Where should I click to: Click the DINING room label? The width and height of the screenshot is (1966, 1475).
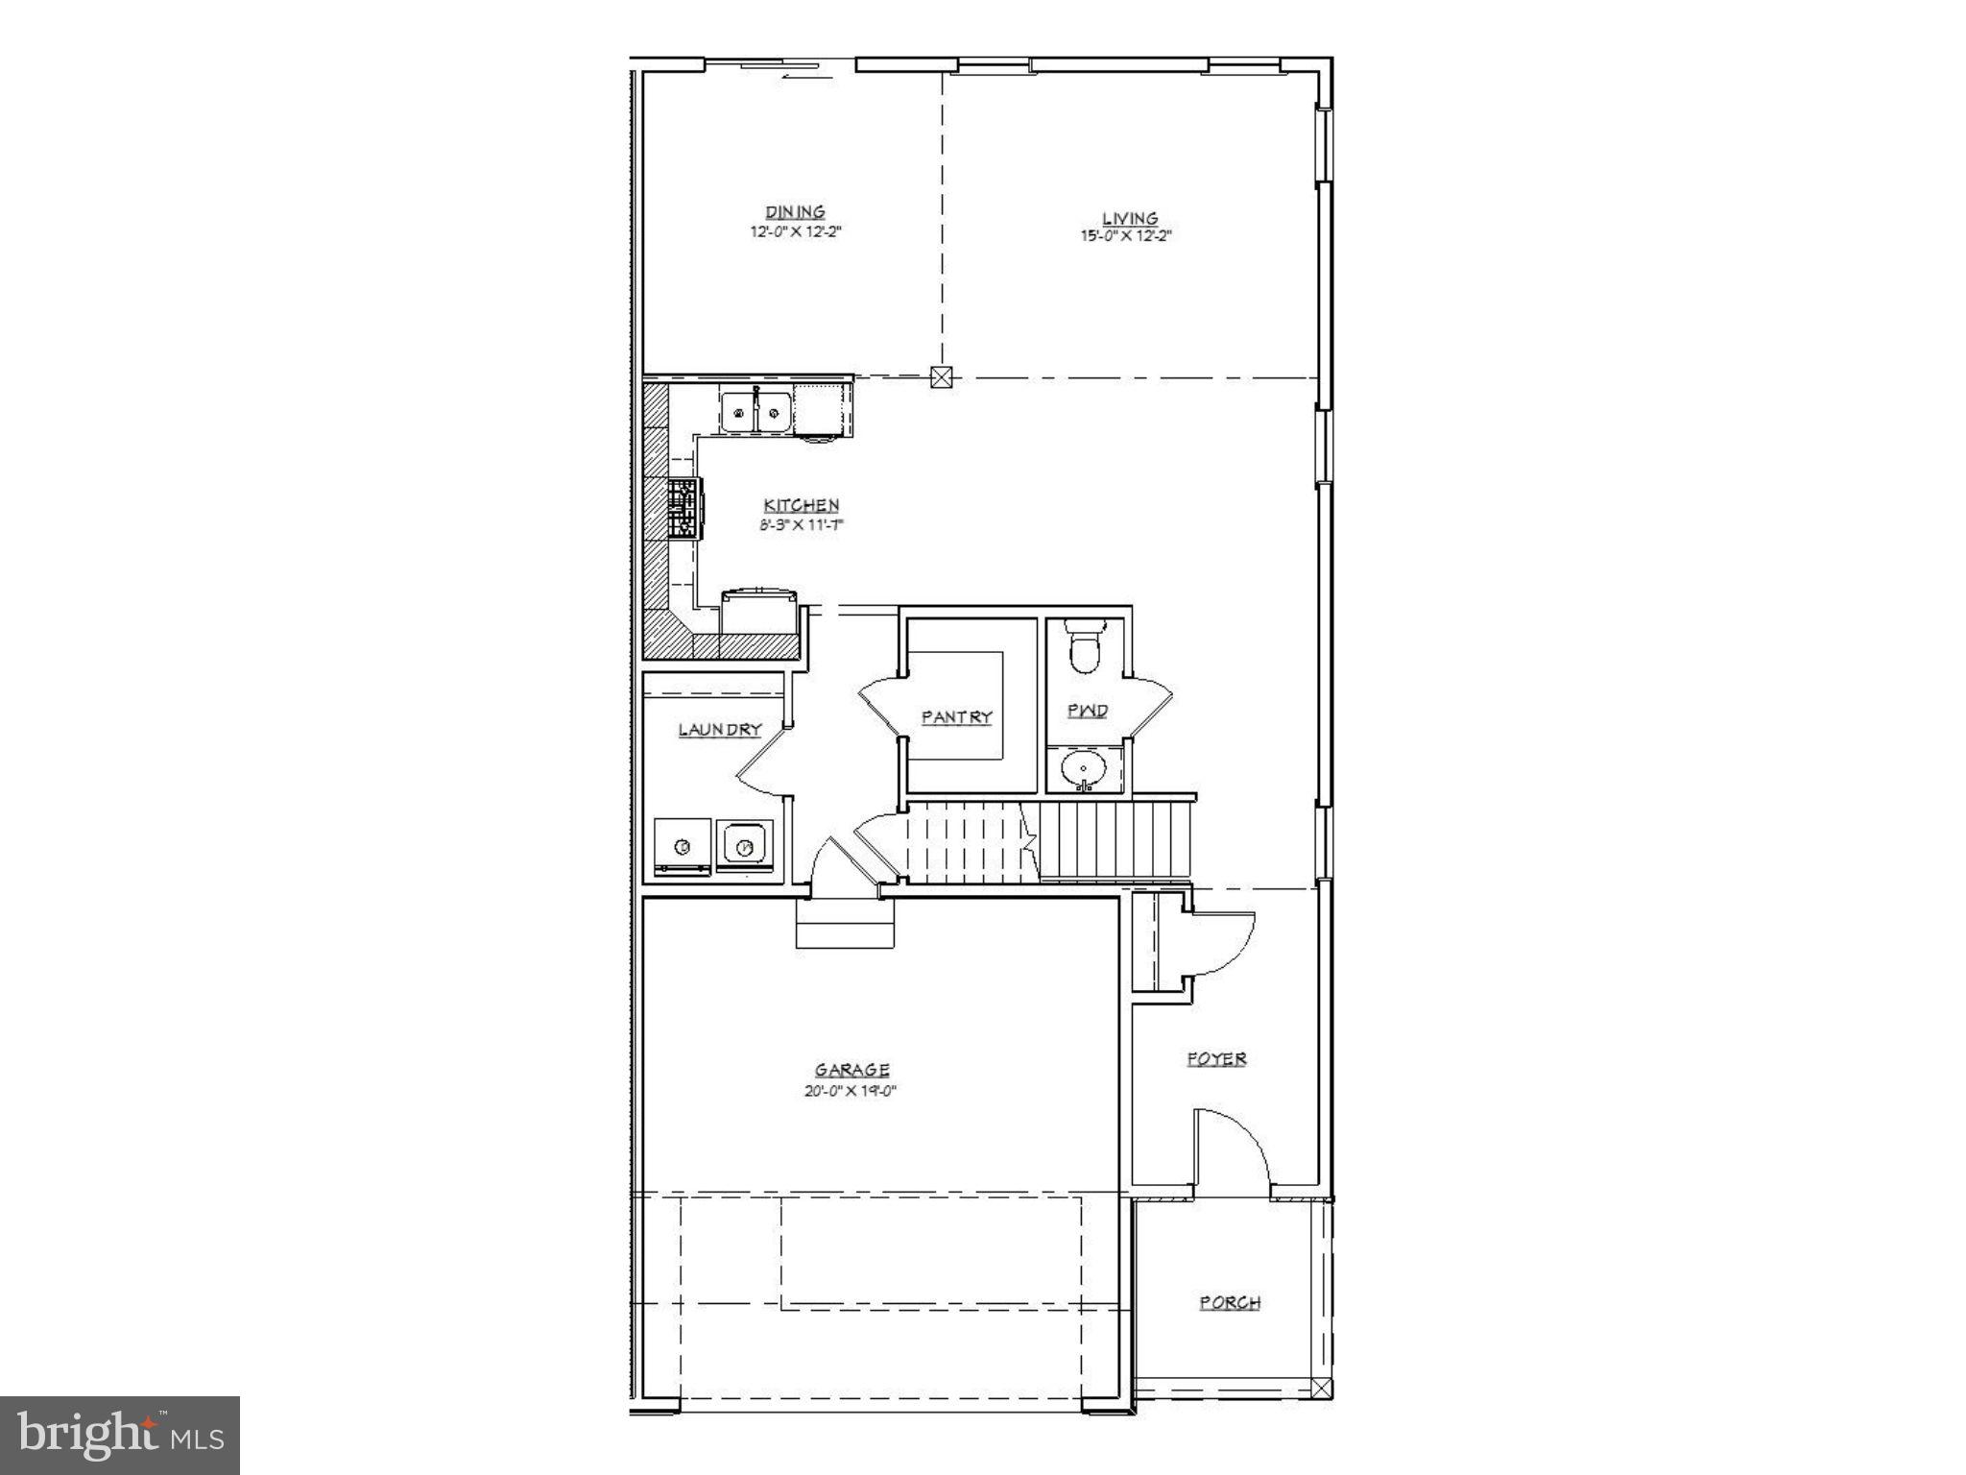[x=795, y=212]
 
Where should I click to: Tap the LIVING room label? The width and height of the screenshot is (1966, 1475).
[x=1130, y=219]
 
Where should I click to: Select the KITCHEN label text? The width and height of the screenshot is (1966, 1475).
[x=802, y=505]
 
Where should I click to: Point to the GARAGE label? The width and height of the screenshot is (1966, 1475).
[x=851, y=1070]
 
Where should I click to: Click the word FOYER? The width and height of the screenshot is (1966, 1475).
[x=1216, y=1059]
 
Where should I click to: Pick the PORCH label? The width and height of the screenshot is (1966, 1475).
[x=1230, y=1303]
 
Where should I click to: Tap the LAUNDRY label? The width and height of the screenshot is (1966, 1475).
[x=720, y=730]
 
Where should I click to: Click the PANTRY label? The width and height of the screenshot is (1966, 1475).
[x=956, y=717]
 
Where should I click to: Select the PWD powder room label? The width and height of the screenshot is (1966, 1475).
[x=1088, y=711]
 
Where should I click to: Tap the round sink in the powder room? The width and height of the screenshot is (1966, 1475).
[x=1084, y=769]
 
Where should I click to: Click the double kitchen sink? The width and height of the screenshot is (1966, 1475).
[x=756, y=413]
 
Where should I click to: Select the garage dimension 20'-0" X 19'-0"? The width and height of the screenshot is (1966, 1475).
[x=851, y=1091]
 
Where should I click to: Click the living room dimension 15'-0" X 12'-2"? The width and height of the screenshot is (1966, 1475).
[x=1125, y=235]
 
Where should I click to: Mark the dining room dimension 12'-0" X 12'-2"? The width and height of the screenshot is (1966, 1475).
[x=796, y=231]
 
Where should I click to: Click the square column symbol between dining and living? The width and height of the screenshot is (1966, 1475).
[x=942, y=377]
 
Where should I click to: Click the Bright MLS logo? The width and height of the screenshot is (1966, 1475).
[x=120, y=1435]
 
